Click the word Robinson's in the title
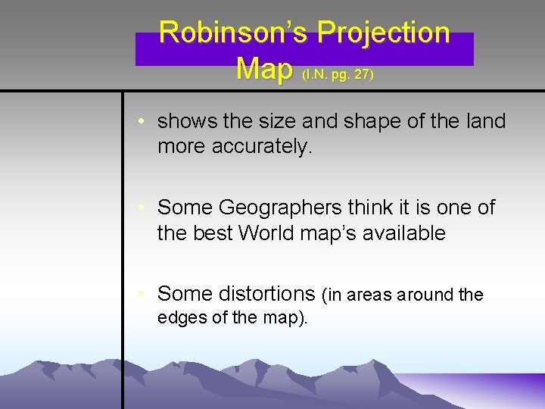pos(234,33)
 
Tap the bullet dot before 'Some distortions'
pos(142,294)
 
